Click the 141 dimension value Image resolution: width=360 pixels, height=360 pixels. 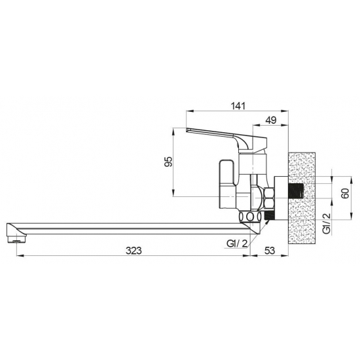click(x=238, y=106)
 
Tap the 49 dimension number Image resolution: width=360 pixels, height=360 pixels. click(x=271, y=120)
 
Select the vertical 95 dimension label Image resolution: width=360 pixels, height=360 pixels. click(x=168, y=162)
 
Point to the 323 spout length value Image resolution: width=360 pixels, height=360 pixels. click(x=134, y=251)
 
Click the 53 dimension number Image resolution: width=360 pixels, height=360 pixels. click(x=270, y=251)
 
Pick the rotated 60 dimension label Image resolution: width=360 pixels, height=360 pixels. click(x=345, y=193)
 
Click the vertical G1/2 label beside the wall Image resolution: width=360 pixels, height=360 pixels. click(x=327, y=223)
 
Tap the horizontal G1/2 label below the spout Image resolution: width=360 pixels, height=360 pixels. click(x=237, y=243)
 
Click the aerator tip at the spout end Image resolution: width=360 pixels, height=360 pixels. click(x=16, y=240)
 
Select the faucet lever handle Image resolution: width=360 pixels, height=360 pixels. click(x=226, y=139)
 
